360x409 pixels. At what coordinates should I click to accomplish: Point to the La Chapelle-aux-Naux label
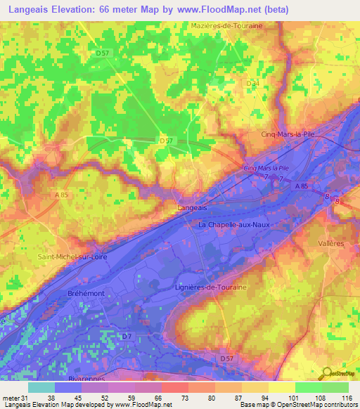pos(234,225)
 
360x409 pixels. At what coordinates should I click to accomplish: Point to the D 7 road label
pos(127,337)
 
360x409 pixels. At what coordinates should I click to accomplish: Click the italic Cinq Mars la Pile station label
pos(266,169)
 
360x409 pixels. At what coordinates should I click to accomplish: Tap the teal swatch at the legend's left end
pos(41,387)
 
